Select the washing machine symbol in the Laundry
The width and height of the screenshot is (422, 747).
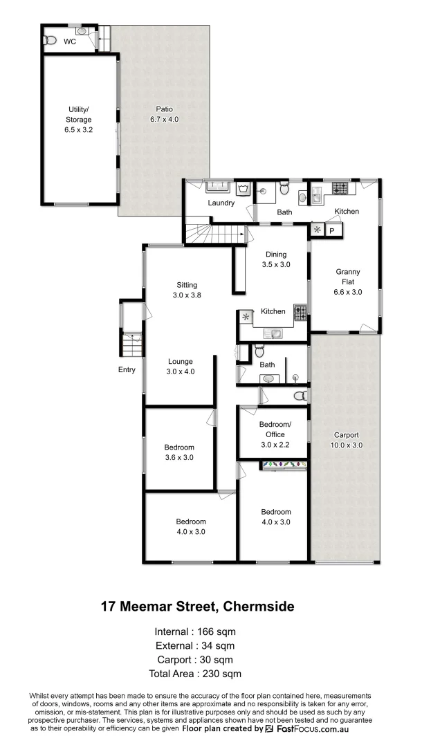click(243, 189)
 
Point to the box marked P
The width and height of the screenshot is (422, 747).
click(332, 230)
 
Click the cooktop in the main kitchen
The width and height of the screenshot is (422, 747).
click(300, 313)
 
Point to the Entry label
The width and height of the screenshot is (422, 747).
click(127, 370)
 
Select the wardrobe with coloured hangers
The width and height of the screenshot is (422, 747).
click(283, 465)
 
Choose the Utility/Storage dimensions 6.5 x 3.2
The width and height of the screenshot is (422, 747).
click(79, 129)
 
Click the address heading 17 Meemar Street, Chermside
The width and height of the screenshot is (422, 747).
click(197, 607)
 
